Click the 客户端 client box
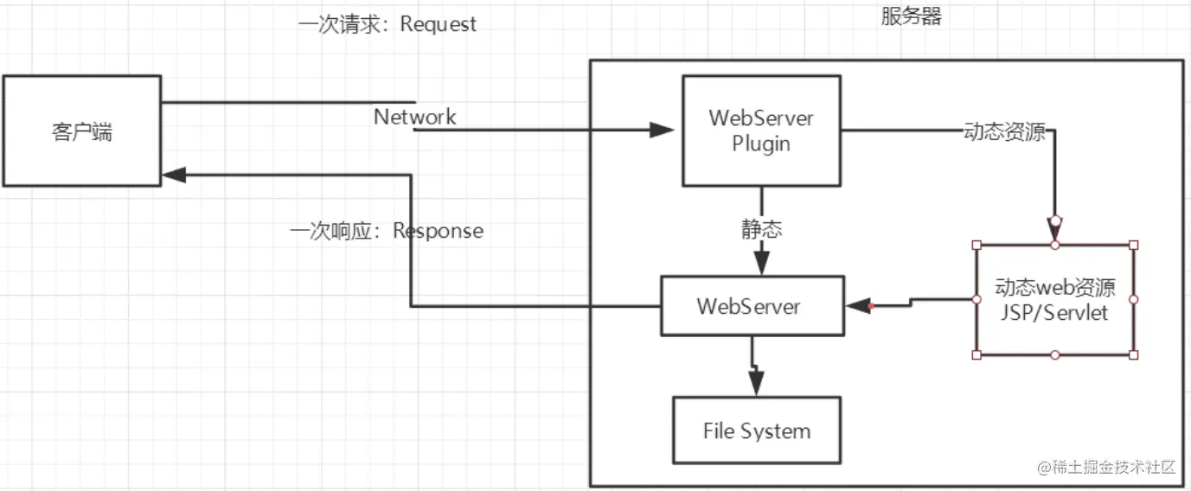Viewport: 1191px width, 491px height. [x=81, y=131]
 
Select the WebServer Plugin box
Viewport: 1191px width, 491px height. [x=761, y=131]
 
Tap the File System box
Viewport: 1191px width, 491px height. [x=757, y=430]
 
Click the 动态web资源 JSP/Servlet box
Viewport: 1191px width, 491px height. [x=1054, y=300]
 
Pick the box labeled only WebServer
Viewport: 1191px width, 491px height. [x=752, y=306]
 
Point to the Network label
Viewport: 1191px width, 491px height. [x=414, y=117]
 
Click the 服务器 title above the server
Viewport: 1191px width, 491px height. [x=911, y=16]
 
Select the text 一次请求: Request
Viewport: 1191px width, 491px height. [x=387, y=24]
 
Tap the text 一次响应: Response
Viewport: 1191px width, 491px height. [x=386, y=231]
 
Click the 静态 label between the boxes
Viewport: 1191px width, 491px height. [x=761, y=229]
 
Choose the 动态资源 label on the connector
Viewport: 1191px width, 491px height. [x=1004, y=132]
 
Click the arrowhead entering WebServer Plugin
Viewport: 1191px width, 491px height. [x=663, y=131]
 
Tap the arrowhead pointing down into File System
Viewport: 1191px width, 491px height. [x=758, y=386]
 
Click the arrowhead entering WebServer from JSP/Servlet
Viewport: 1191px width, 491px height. [x=857, y=306]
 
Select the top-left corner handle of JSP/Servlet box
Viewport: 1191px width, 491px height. [x=976, y=245]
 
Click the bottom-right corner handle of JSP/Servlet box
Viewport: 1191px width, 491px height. [x=1133, y=354]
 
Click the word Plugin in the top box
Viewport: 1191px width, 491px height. [x=761, y=143]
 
